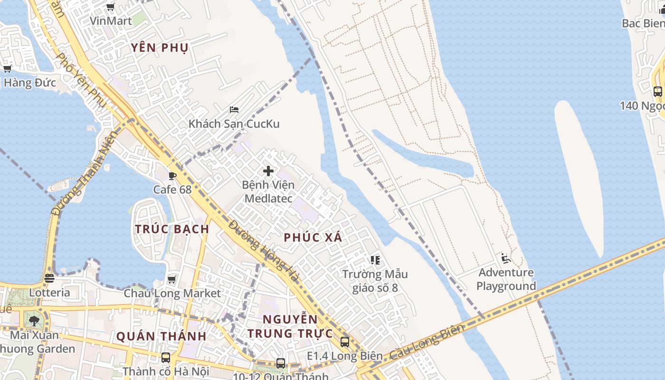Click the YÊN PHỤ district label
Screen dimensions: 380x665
coord(160,47)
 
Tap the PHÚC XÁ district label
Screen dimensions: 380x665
coord(313,237)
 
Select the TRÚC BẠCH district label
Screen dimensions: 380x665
coord(172,229)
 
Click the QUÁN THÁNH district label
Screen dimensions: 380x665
coord(161,336)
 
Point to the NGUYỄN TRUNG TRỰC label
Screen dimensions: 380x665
coord(290,326)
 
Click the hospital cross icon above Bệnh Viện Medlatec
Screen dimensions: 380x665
coord(268,171)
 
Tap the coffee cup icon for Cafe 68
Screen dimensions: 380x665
coord(172,176)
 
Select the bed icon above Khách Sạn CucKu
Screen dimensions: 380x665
coord(234,109)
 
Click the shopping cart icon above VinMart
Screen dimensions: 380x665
coord(111,7)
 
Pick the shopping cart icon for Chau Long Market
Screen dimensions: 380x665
coord(172,279)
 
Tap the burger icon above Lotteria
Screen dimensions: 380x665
coord(49,278)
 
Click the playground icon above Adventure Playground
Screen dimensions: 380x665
coord(506,258)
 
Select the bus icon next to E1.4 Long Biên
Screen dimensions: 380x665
coord(345,342)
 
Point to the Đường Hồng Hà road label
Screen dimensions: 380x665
coord(264,251)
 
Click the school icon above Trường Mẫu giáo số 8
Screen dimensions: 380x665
coord(375,260)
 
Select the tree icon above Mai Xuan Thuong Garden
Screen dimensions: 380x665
coord(34,321)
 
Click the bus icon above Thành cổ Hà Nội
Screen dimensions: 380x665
coord(165,357)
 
